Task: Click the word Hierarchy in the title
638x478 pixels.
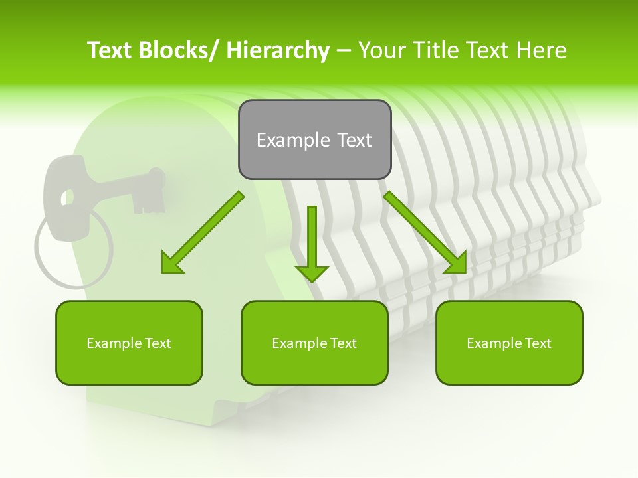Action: (278, 50)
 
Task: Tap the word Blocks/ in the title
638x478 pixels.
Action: (175, 50)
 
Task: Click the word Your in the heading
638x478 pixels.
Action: (381, 50)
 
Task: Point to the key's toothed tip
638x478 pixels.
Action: (150, 189)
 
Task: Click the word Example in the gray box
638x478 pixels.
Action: (292, 140)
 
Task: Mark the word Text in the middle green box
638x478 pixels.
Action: (342, 343)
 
